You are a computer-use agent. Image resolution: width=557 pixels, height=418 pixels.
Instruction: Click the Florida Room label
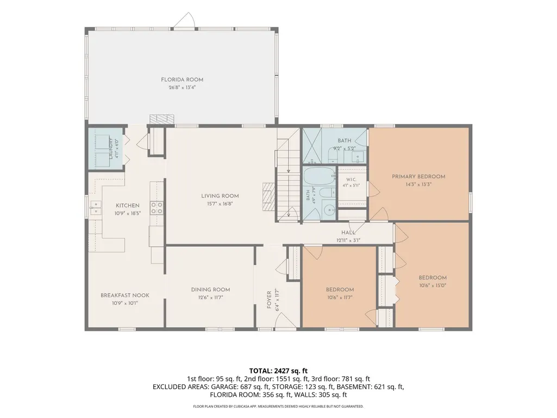click(182, 79)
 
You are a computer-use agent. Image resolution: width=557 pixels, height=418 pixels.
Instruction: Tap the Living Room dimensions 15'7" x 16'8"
click(220, 204)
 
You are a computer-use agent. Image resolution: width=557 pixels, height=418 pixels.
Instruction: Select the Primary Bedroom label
click(418, 176)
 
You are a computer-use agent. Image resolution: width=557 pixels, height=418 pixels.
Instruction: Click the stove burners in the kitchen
click(157, 208)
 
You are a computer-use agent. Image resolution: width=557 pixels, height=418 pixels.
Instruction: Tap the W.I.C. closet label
click(351, 179)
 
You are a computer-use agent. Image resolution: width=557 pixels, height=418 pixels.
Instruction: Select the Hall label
click(348, 233)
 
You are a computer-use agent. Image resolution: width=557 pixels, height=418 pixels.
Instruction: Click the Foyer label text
click(269, 300)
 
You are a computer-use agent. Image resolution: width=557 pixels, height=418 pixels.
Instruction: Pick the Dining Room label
click(210, 290)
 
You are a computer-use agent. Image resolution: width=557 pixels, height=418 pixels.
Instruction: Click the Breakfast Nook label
click(124, 295)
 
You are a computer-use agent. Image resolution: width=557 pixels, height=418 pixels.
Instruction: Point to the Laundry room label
click(110, 148)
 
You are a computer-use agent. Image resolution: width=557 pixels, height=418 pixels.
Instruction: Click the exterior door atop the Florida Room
click(184, 20)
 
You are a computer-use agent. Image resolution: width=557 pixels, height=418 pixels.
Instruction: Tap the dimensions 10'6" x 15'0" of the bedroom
click(433, 285)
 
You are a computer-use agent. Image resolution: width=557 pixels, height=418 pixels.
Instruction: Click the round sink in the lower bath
click(329, 210)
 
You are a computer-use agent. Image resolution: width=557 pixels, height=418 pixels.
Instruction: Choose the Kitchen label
click(128, 205)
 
